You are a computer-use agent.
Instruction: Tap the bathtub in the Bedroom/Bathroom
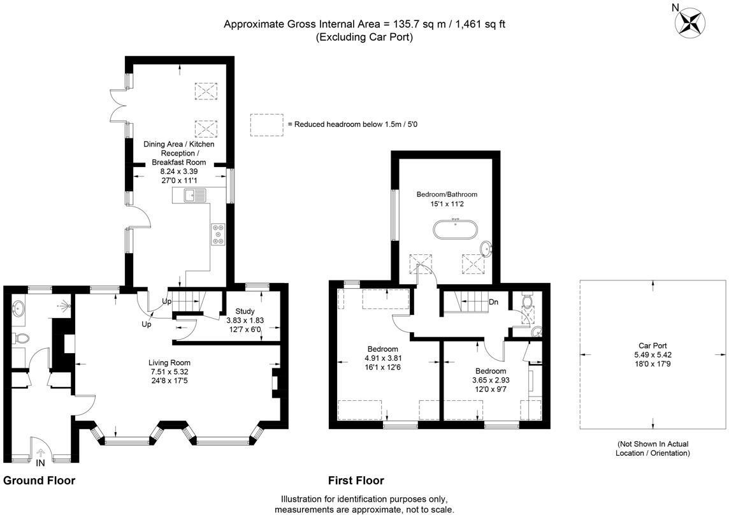pyautogui.click(x=454, y=230)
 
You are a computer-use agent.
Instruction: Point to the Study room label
pyautogui.click(x=245, y=311)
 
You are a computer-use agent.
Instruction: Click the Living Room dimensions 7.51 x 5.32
pyautogui.click(x=170, y=372)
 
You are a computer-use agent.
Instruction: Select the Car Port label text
pyautogui.click(x=653, y=345)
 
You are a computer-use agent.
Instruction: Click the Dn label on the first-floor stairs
pyautogui.click(x=493, y=302)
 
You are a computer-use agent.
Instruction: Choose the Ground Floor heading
pyautogui.click(x=40, y=481)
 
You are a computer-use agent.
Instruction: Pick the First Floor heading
pyautogui.click(x=356, y=481)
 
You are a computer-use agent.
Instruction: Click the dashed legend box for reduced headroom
pyautogui.click(x=266, y=124)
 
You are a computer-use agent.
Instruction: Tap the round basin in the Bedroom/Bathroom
pyautogui.click(x=486, y=248)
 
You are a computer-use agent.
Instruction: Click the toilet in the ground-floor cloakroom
pyautogui.click(x=20, y=338)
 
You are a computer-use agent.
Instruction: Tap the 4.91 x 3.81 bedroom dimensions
pyautogui.click(x=382, y=358)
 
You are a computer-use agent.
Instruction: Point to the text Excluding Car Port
pyautogui.click(x=364, y=37)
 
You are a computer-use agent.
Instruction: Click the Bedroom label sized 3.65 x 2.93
pyautogui.click(x=490, y=371)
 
